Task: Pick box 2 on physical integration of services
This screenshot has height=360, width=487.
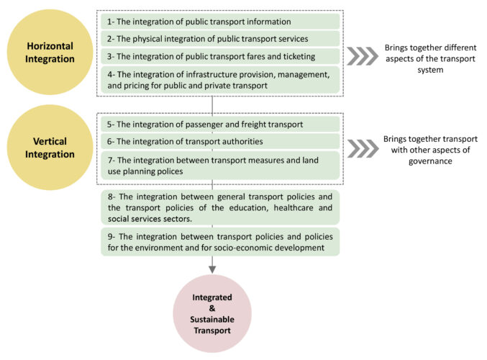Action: tap(219, 38)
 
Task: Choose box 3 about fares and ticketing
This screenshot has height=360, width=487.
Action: tap(219, 55)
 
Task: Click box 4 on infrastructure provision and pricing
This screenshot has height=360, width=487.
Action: tap(219, 78)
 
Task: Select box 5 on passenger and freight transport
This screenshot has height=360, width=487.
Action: tap(219, 124)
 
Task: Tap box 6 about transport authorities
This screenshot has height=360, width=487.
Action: tap(219, 141)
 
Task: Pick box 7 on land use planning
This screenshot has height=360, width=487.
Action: tap(219, 165)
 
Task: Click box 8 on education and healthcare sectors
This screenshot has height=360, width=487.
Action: tap(219, 207)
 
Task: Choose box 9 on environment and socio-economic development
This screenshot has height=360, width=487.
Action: tap(219, 242)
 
